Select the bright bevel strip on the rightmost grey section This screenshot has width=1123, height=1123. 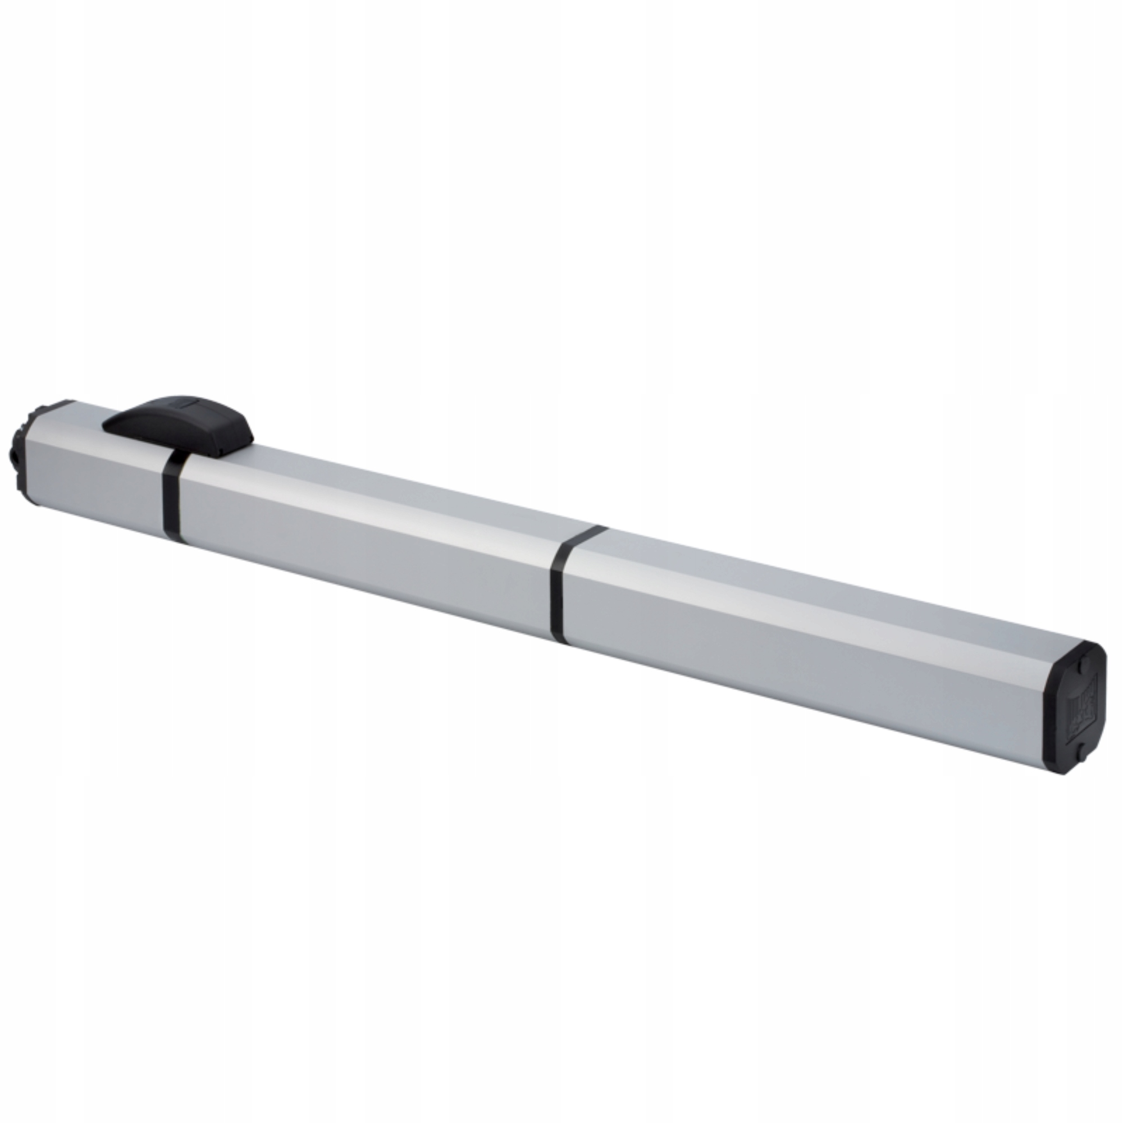coord(814,599)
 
